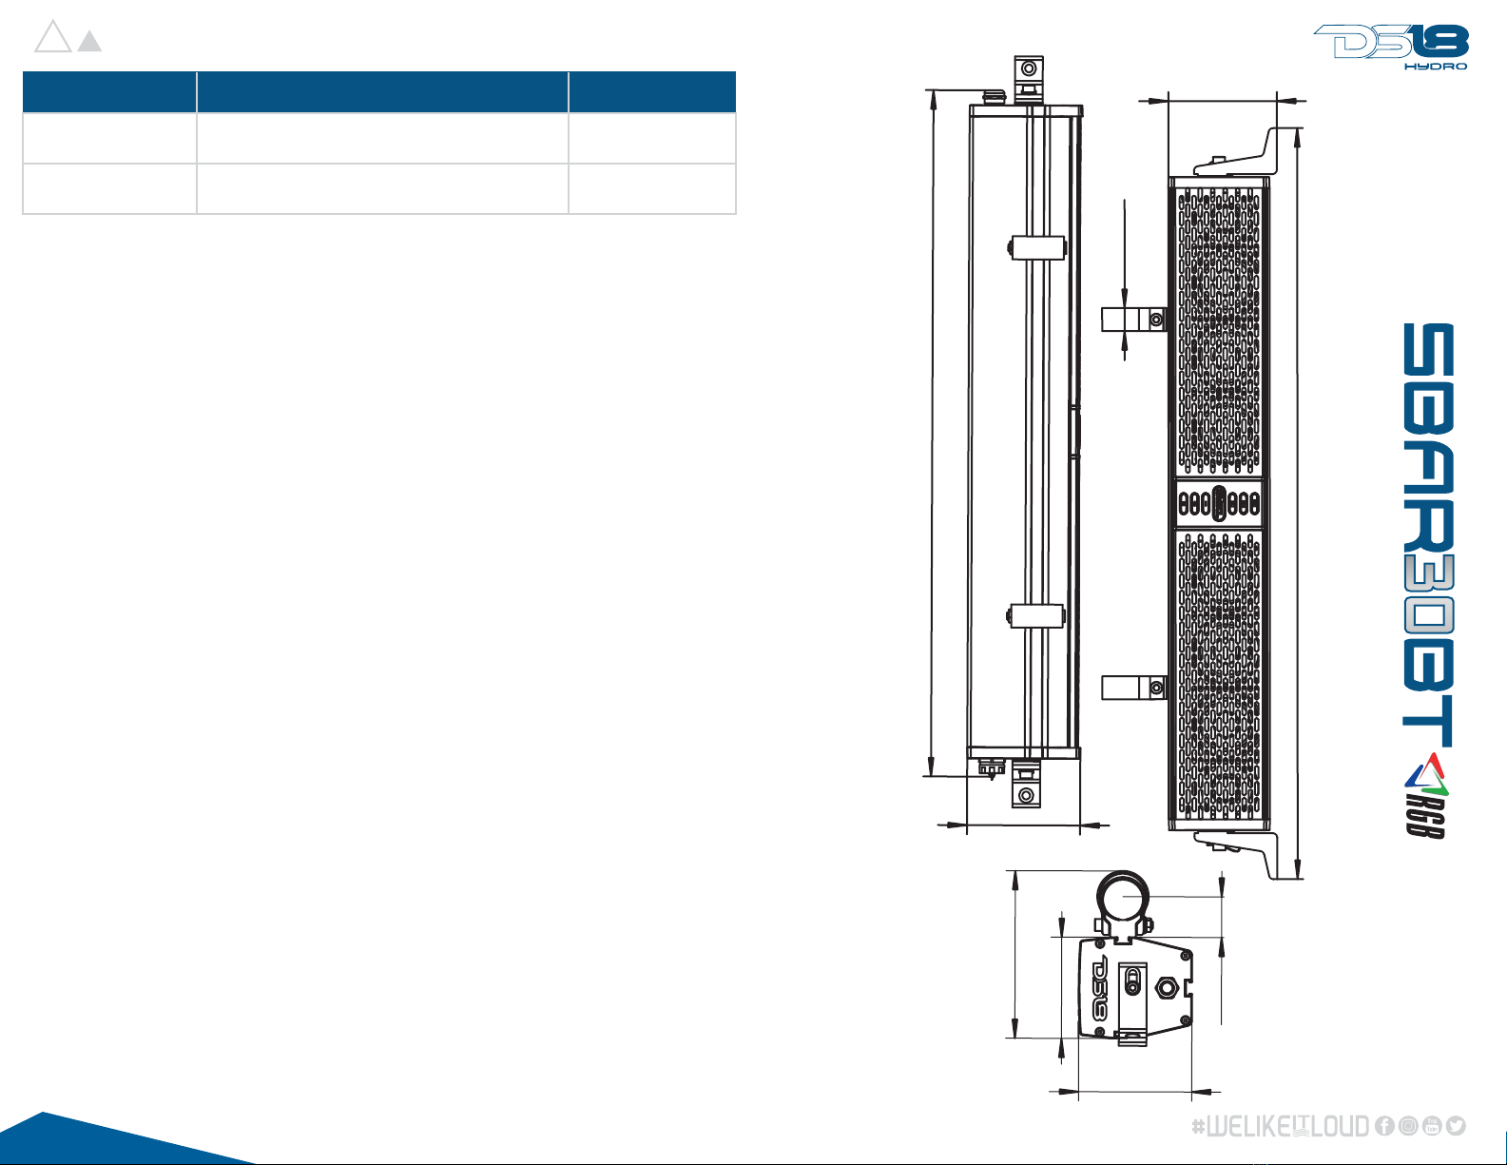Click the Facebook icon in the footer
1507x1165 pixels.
point(1384,1126)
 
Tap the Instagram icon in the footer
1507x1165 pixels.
point(1408,1126)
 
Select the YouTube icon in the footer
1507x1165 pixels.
point(1431,1126)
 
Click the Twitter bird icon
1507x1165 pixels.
point(1456,1126)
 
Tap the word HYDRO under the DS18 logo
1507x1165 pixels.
point(1436,67)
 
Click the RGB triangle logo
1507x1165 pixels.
point(1426,795)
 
